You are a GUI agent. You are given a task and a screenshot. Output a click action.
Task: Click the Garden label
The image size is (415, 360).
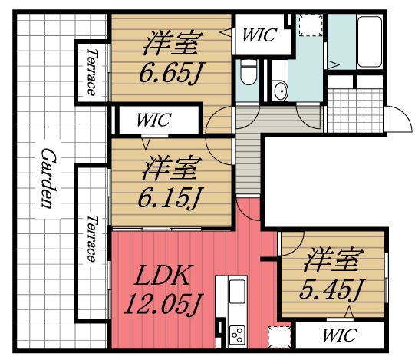(x=49, y=178)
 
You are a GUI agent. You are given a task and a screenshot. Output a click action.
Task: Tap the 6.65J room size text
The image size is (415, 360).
(x=170, y=73)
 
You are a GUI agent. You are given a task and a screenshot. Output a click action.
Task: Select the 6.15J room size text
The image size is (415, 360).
(x=169, y=197)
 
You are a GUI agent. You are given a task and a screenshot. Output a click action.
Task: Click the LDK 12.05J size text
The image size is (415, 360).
(x=163, y=291)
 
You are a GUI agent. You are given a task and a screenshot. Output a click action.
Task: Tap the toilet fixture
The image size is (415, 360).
(x=249, y=72)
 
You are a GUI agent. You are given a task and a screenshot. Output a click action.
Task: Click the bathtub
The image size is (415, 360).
(x=370, y=41)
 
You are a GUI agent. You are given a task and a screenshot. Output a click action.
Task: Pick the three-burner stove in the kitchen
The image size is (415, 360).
(x=237, y=335)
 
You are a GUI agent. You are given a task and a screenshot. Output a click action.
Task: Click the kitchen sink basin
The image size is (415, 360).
(x=237, y=291)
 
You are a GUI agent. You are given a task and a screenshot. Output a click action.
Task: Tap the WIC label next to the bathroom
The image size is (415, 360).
(x=259, y=35)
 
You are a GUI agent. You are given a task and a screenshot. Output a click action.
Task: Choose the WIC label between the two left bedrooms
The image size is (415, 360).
(x=153, y=120)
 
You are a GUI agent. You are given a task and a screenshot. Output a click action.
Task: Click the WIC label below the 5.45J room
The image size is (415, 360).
(x=341, y=335)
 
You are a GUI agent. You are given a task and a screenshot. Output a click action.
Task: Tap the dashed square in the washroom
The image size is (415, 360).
(x=311, y=25)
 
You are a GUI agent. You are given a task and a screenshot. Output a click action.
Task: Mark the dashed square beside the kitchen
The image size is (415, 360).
(x=279, y=338)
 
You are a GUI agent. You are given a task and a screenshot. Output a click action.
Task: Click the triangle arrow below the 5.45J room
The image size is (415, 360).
(x=349, y=312)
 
